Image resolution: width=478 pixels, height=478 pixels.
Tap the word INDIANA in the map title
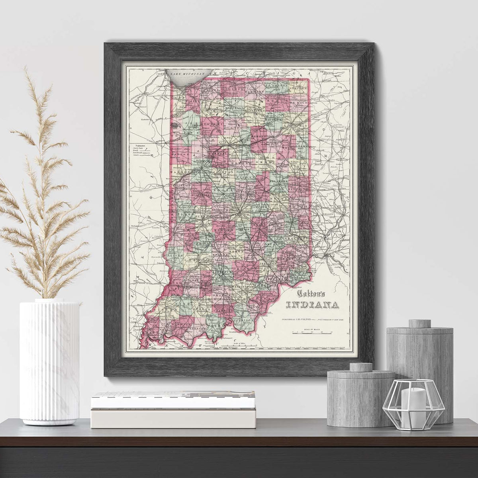point(313,306)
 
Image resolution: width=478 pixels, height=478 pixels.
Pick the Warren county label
point(179,172)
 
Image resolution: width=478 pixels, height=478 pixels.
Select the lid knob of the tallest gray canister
point(419,323)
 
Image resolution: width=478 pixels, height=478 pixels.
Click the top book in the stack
point(173,400)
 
